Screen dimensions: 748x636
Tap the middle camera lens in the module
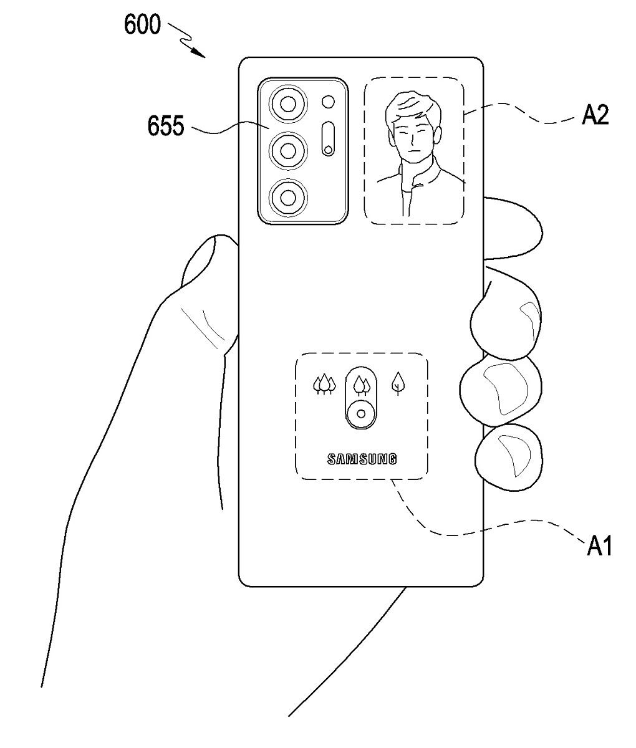click(x=287, y=150)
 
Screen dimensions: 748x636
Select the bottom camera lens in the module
click(x=287, y=198)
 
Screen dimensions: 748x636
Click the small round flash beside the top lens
click(x=327, y=102)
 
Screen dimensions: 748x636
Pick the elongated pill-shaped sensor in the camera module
click(x=327, y=139)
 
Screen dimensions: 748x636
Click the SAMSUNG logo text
click(x=362, y=460)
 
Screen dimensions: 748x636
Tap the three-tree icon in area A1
click(x=324, y=385)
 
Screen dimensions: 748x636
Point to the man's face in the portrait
click(x=412, y=140)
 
